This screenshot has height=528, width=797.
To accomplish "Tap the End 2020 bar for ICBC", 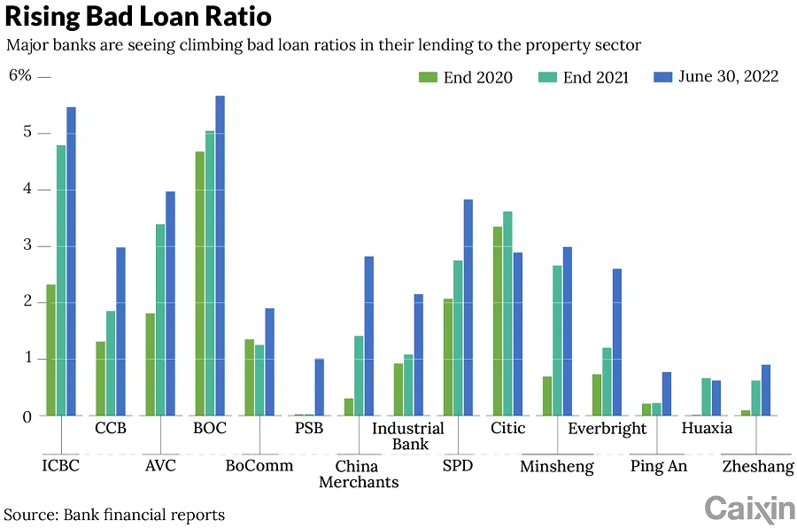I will click(51, 350).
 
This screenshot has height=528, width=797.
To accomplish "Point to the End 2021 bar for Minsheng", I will click(557, 340).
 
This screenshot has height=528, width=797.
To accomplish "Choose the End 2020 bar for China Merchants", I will click(349, 407).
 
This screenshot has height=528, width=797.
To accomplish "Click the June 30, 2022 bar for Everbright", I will click(617, 342).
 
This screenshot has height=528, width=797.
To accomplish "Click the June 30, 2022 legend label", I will click(729, 76).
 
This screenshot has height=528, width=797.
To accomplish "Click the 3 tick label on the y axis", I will click(27, 245).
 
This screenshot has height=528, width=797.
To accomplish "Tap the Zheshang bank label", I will click(758, 467).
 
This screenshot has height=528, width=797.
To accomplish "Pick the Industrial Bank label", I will click(407, 436).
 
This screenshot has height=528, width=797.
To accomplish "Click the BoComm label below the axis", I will click(259, 465).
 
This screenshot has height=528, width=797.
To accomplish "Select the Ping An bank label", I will click(659, 467).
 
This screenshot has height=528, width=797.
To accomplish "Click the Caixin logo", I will click(749, 509).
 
